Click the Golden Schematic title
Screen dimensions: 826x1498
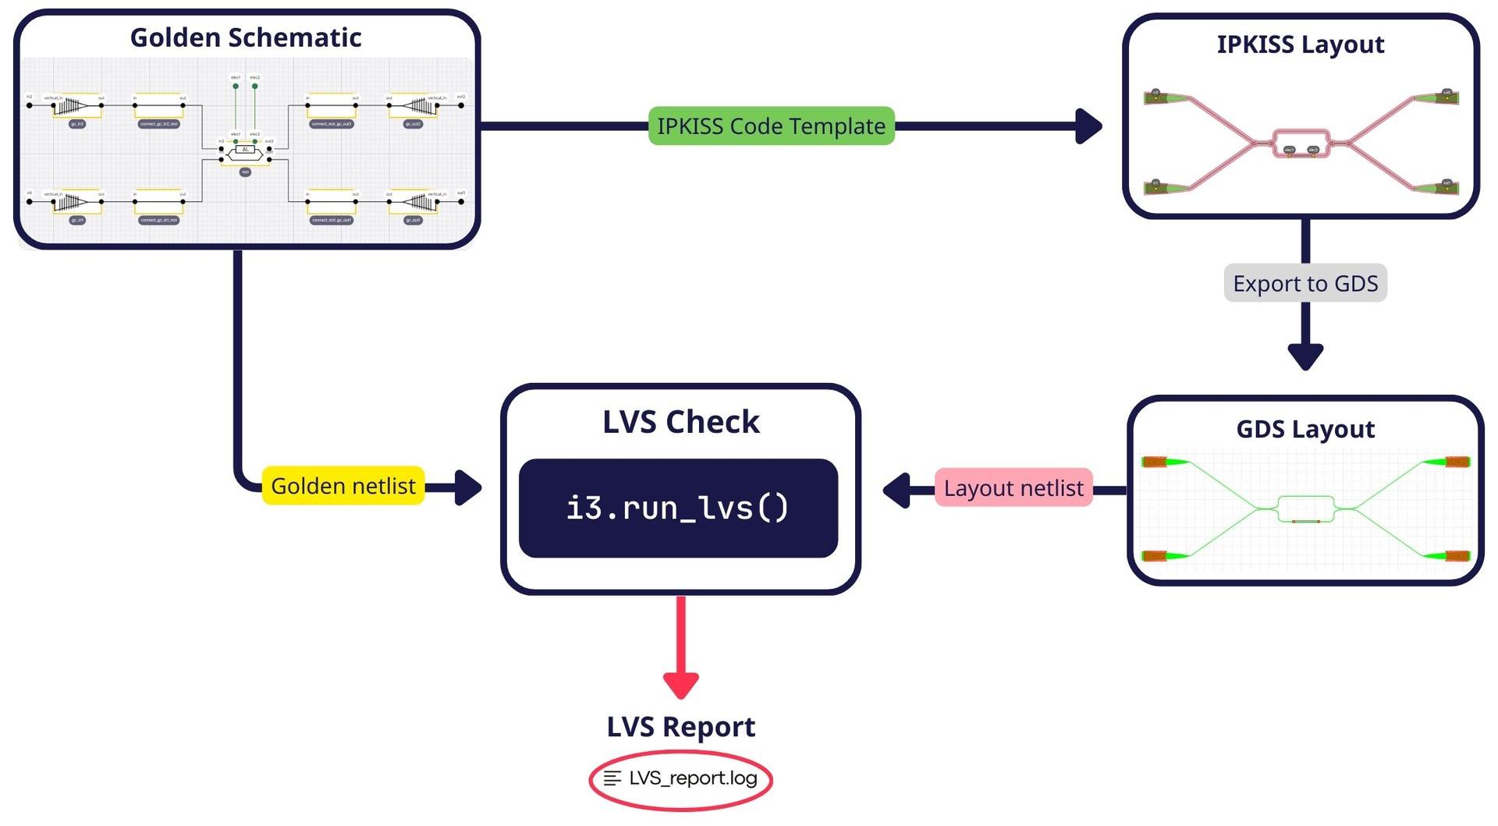click(246, 37)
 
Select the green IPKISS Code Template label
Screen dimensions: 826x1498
click(771, 126)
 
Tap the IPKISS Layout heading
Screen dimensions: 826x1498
click(1300, 44)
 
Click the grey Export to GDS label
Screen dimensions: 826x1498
click(1305, 283)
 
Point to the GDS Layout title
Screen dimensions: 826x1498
click(1305, 429)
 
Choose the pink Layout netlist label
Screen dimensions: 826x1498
click(1013, 488)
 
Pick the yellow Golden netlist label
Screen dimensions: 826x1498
click(343, 486)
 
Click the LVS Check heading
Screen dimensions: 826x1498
click(680, 422)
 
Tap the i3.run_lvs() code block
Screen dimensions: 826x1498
click(678, 508)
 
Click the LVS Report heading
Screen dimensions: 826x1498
click(680, 727)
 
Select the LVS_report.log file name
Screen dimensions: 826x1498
click(693, 778)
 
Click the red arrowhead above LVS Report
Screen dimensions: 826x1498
click(680, 685)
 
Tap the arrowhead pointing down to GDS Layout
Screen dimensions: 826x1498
click(1305, 356)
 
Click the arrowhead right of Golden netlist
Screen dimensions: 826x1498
click(467, 487)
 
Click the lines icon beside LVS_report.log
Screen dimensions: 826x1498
click(612, 778)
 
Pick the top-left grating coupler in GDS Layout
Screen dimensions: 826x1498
click(1155, 462)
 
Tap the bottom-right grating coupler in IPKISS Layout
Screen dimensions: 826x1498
click(1446, 187)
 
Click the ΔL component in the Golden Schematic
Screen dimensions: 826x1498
click(245, 150)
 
